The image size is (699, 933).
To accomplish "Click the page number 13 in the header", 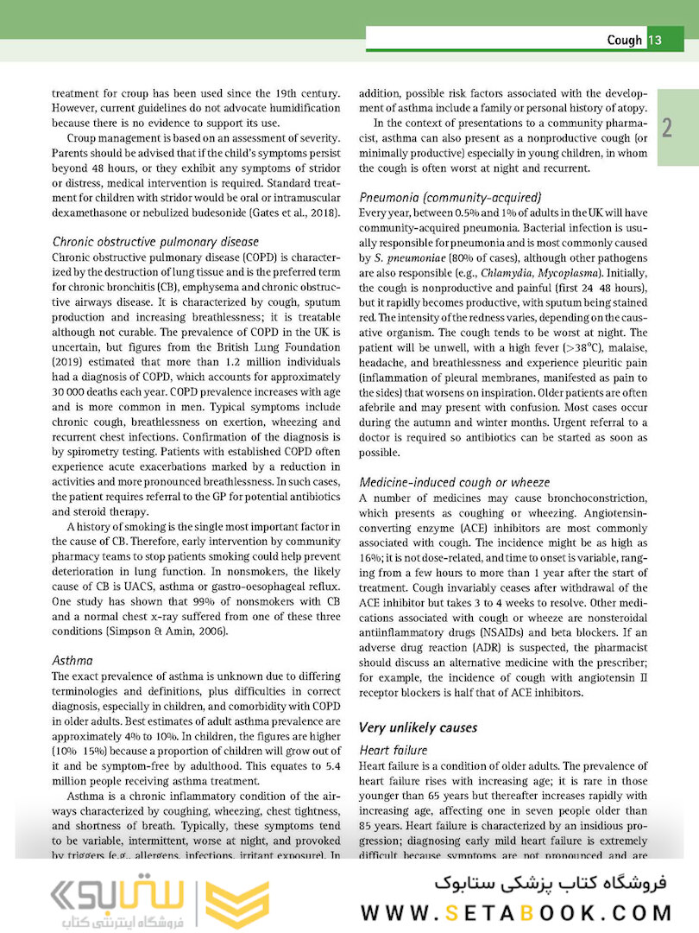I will pos(654,40).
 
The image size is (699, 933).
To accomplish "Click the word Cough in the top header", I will pos(624,40).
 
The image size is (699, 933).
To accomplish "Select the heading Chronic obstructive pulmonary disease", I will pos(155,242).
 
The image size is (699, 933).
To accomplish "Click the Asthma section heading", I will pos(72,660).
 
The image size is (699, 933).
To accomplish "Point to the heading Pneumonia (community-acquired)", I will pos(450,196).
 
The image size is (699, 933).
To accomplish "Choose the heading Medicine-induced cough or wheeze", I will pos(454,482).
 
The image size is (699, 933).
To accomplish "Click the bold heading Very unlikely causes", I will pos(418,727).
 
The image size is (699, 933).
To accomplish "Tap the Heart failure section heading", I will pos(394,751).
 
